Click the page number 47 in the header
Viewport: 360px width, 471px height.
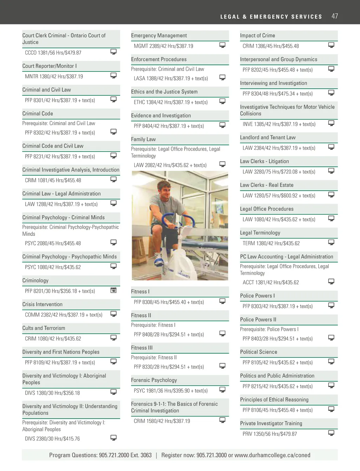click(x=335, y=16)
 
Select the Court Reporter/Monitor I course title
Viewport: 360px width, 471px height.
click(x=50, y=66)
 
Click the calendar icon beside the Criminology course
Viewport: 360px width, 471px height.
click(x=114, y=290)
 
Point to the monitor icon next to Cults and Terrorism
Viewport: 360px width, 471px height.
click(x=114, y=338)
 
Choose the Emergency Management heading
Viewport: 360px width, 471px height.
click(x=159, y=36)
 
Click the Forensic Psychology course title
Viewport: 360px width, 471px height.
click(x=154, y=380)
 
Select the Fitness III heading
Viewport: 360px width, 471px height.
click(x=142, y=348)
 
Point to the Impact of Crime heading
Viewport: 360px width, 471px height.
click(x=257, y=36)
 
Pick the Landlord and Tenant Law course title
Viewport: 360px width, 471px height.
click(x=268, y=138)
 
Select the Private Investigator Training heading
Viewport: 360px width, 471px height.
click(x=271, y=424)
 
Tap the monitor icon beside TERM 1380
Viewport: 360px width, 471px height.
click(x=331, y=242)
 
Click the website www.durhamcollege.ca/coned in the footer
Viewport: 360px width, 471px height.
click(x=272, y=455)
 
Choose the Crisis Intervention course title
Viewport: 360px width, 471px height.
click(x=43, y=305)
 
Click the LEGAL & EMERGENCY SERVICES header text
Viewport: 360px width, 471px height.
click(x=271, y=17)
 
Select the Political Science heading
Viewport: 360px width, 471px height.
click(x=258, y=352)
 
